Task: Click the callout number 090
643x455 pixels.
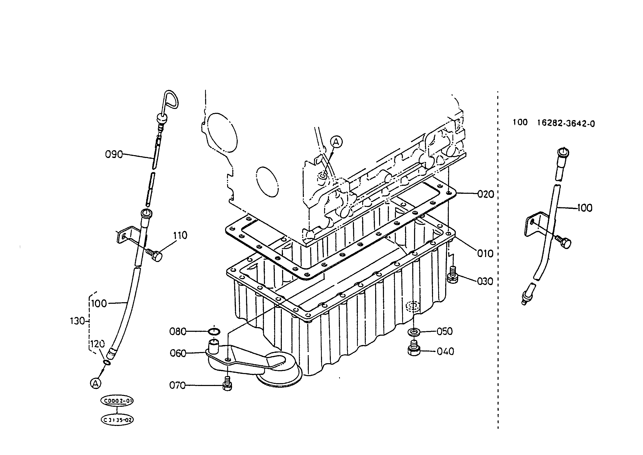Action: point(114,154)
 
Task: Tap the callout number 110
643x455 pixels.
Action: point(180,235)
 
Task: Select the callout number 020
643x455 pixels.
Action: point(486,194)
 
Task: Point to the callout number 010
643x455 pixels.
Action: point(485,253)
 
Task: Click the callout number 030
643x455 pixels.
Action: point(485,281)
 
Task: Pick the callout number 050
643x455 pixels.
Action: point(445,332)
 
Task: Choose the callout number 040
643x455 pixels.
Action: point(445,351)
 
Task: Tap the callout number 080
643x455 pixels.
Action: point(178,332)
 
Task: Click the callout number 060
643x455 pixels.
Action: point(178,353)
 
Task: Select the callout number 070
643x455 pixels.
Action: point(178,385)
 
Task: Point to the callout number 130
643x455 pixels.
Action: point(77,321)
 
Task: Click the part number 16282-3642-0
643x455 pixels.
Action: point(566,123)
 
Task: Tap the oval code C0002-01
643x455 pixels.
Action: point(117,401)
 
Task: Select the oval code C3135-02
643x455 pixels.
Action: point(117,420)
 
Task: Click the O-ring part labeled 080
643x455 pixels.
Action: point(214,332)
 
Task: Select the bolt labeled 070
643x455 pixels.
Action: point(227,384)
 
